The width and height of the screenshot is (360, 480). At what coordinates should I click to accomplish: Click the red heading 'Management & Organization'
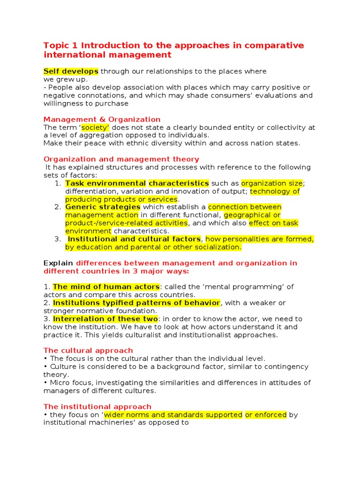102,120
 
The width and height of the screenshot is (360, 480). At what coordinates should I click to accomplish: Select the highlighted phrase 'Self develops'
71,71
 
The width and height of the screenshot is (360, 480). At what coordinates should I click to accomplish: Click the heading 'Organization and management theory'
121,159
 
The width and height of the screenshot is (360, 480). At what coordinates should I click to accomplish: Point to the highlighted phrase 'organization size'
271,183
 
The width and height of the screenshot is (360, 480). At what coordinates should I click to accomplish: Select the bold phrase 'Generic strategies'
103,207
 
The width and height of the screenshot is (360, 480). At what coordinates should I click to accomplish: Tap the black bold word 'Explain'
58,263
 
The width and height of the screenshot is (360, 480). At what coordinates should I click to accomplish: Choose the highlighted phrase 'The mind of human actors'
106,287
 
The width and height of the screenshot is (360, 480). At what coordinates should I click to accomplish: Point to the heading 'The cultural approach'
88,351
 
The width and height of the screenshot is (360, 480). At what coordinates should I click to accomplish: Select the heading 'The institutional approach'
97,407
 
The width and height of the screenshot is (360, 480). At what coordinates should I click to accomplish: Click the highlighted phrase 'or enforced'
266,415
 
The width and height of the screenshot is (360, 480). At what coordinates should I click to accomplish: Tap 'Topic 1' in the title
61,46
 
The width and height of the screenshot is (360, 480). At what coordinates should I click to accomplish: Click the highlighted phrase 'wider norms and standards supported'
173,415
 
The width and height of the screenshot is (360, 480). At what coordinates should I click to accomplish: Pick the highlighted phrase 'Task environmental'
105,183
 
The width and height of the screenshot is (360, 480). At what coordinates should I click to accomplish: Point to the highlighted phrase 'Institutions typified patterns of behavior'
136,303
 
